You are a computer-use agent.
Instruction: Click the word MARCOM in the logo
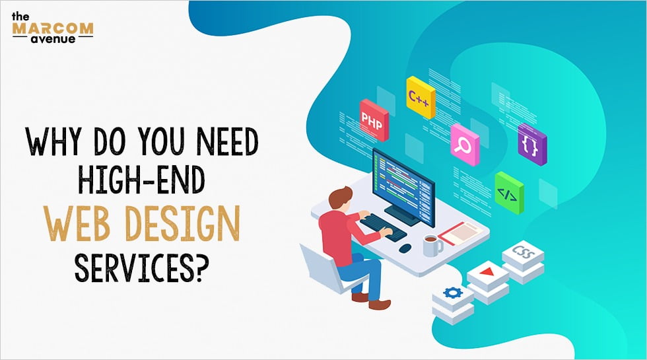(x=52, y=28)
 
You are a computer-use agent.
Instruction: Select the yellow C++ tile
(x=420, y=98)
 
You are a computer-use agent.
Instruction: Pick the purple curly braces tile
(x=531, y=143)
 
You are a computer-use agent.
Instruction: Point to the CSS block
(x=523, y=255)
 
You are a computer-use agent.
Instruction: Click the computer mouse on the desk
(x=405, y=248)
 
